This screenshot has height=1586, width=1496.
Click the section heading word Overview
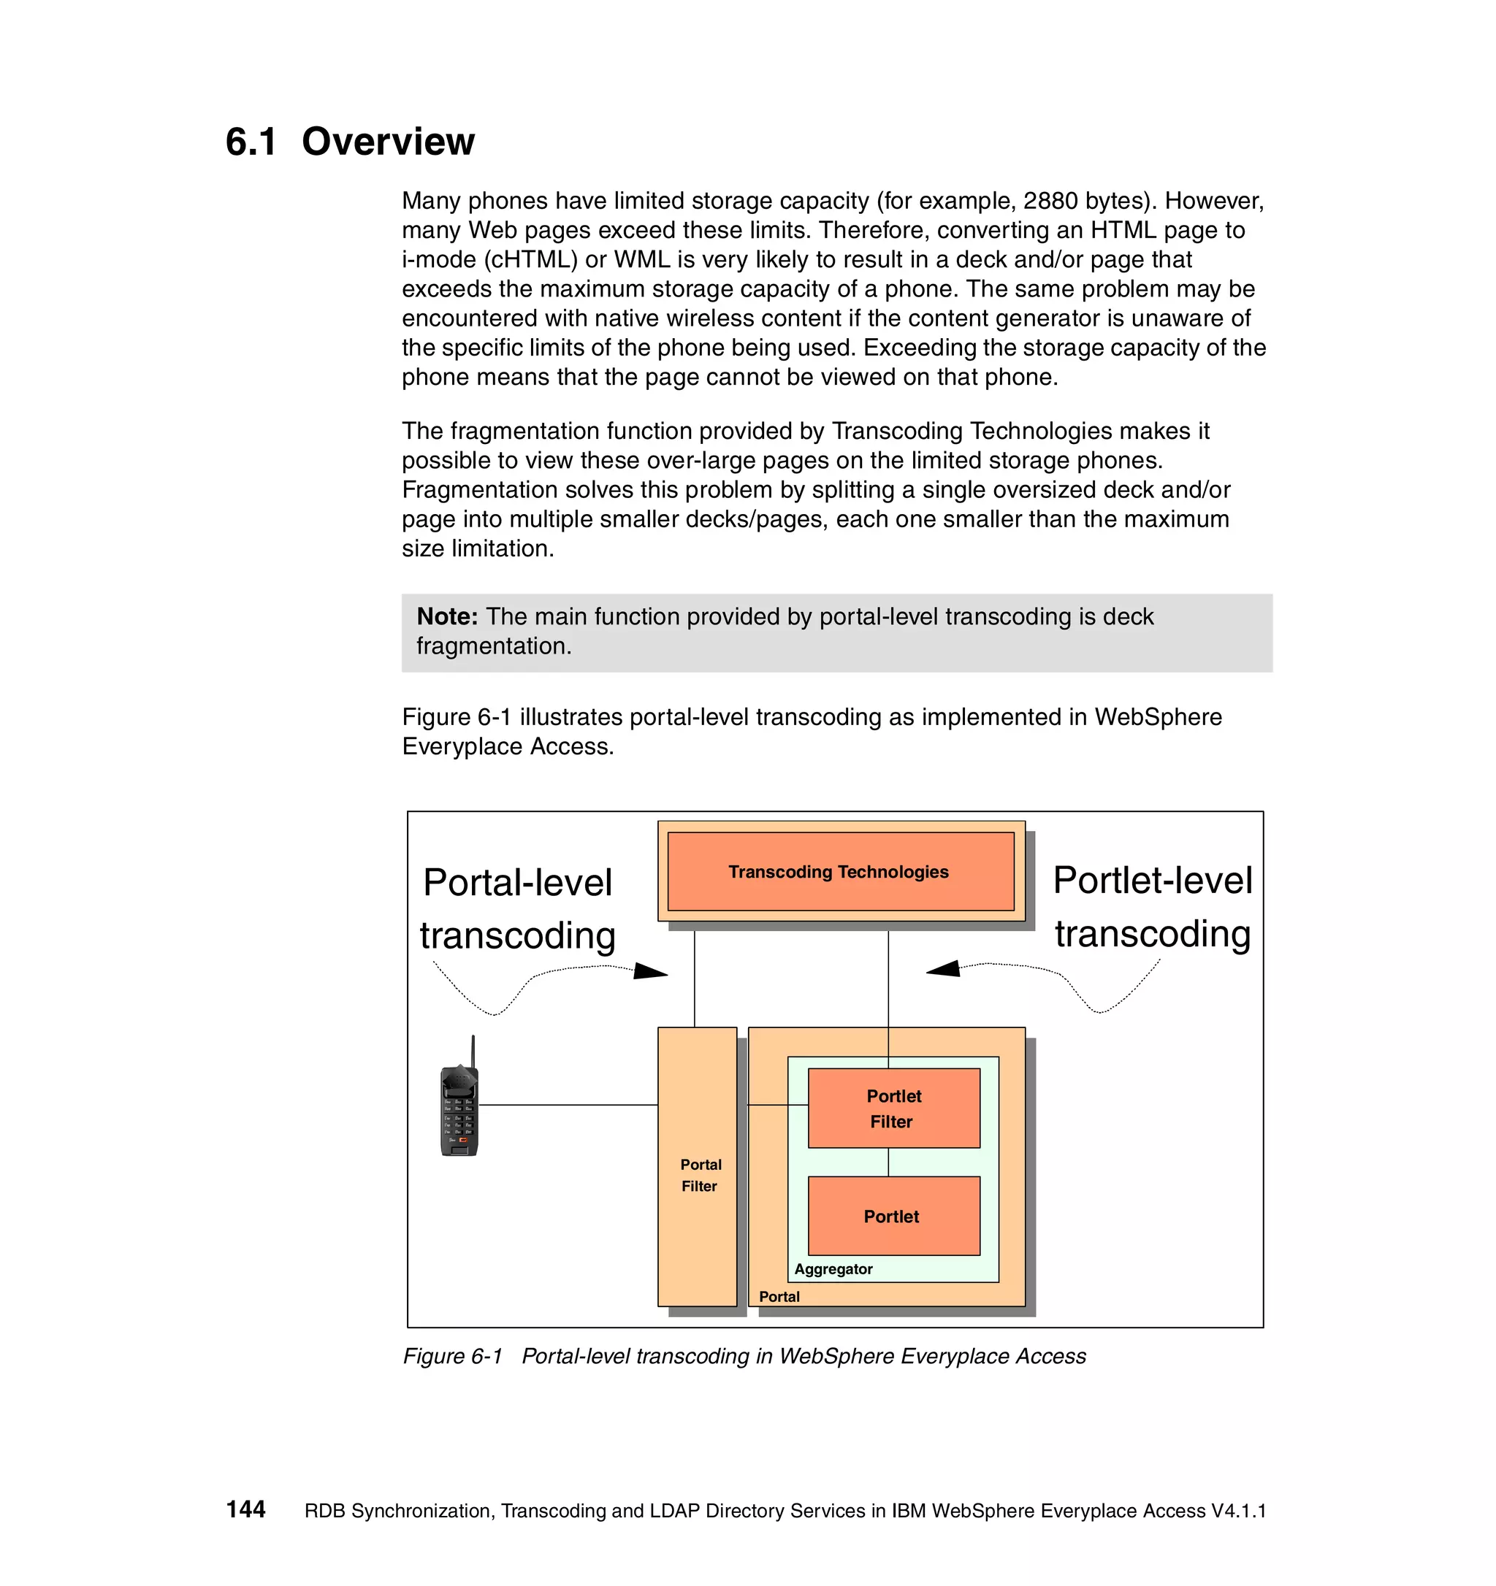(x=388, y=142)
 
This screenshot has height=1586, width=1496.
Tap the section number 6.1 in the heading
(x=251, y=142)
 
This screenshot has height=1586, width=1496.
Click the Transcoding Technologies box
(x=839, y=871)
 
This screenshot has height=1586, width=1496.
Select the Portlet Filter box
(x=893, y=1108)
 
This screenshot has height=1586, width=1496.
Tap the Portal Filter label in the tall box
(x=700, y=1175)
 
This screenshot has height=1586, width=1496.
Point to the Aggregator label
(x=833, y=1268)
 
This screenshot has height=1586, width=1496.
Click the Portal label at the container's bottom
(x=779, y=1296)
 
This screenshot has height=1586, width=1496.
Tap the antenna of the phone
(x=473, y=1051)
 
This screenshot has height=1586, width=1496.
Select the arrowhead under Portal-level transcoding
(x=651, y=971)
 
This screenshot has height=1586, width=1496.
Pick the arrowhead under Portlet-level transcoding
(x=943, y=968)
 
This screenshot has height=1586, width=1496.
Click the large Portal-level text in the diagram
(x=518, y=882)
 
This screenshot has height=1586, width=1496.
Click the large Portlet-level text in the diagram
(x=1152, y=880)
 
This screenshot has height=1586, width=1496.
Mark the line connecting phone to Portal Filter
(x=568, y=1105)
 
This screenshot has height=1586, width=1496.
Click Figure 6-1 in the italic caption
(x=452, y=1356)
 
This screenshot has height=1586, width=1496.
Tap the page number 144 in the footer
(x=245, y=1509)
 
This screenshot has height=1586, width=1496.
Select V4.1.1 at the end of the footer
(x=1238, y=1511)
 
